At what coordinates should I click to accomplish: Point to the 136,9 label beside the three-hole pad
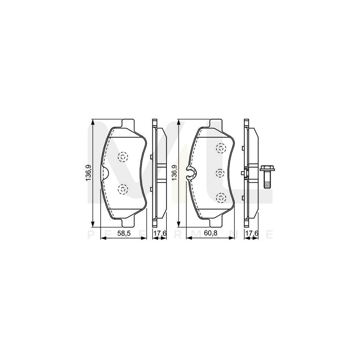174,173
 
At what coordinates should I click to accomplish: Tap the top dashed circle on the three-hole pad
220,148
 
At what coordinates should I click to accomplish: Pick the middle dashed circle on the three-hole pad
220,173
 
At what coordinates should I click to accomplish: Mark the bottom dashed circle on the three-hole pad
220,197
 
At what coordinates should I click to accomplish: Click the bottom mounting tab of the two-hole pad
128,222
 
